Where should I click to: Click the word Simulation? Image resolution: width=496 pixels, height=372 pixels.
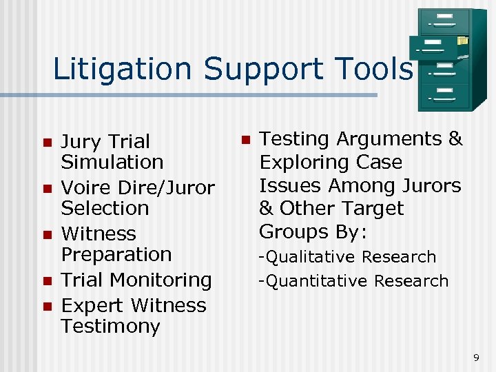click(112, 163)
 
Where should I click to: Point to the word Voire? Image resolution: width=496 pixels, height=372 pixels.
click(87, 187)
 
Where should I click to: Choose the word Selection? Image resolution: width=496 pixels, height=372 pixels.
click(105, 208)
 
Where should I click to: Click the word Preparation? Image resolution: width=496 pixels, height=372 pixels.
click(116, 254)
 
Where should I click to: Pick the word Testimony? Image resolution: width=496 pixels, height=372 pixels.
click(110, 326)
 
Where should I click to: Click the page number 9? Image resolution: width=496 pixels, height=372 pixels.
click(476, 357)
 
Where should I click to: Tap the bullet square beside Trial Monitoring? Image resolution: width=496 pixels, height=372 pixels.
click(47, 281)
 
